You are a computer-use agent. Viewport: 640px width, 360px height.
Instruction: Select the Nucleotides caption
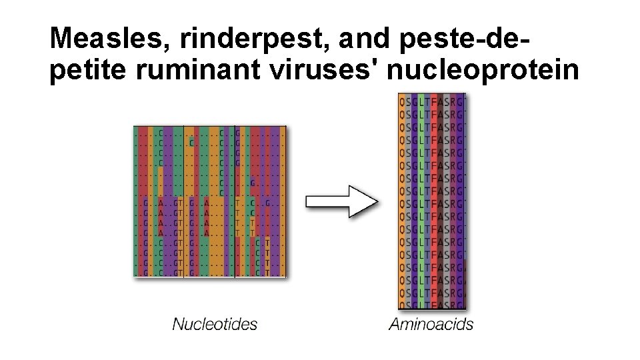[215, 325]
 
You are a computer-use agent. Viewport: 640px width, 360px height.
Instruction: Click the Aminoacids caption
[431, 325]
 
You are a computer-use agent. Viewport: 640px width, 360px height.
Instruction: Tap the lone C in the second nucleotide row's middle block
[191, 142]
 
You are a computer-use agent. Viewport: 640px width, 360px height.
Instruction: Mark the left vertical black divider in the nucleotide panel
[184, 200]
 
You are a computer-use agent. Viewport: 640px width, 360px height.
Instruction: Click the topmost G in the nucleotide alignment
[237, 132]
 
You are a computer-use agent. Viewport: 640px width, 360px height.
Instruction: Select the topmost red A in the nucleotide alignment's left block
[161, 203]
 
